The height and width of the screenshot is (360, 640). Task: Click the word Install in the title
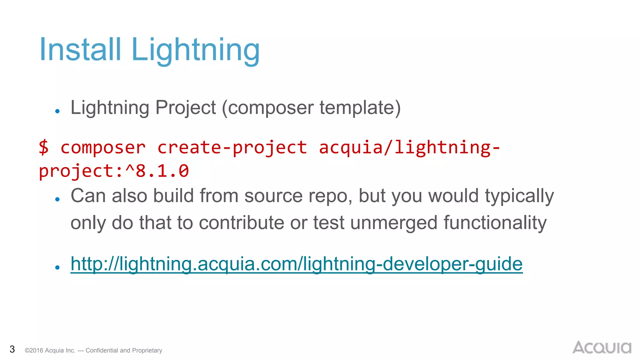click(80, 49)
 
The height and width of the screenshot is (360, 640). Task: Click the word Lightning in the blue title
click(195, 50)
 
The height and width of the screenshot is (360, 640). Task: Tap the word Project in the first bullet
click(185, 108)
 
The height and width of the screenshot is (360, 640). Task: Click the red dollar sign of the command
click(44, 147)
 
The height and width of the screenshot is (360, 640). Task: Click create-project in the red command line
click(232, 147)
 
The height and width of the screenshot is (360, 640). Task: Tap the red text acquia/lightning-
click(409, 147)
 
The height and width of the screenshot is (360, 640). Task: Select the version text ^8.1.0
click(157, 171)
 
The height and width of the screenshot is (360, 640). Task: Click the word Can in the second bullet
click(88, 196)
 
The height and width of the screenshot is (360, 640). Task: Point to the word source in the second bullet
click(273, 196)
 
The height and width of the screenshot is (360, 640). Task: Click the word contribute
click(241, 223)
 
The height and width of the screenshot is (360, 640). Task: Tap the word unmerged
click(393, 223)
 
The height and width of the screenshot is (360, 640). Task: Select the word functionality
click(495, 223)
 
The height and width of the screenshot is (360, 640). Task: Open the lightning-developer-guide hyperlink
click(296, 264)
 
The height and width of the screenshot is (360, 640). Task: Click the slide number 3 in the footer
click(12, 349)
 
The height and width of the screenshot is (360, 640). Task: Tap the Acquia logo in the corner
click(602, 347)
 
